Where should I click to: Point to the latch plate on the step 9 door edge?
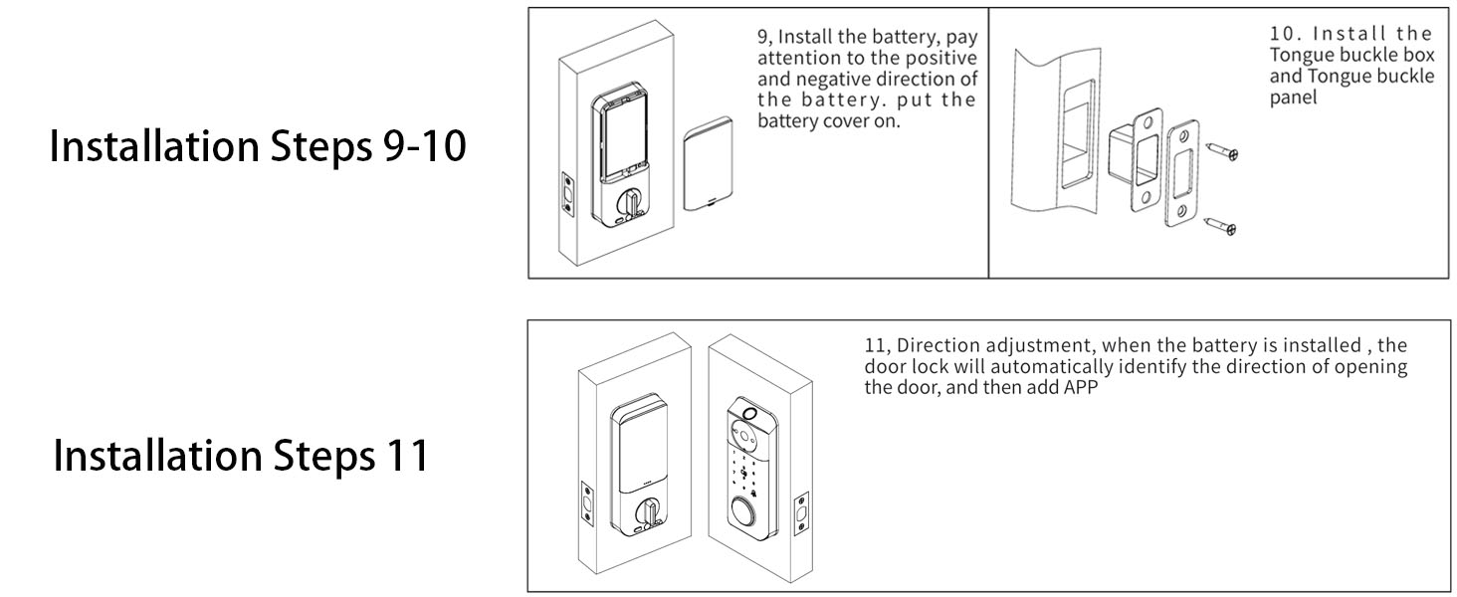tap(568, 194)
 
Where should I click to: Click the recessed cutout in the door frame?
tap(1077, 149)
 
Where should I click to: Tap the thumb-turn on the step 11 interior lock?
tap(650, 514)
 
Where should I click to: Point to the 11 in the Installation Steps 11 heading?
tap(404, 455)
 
